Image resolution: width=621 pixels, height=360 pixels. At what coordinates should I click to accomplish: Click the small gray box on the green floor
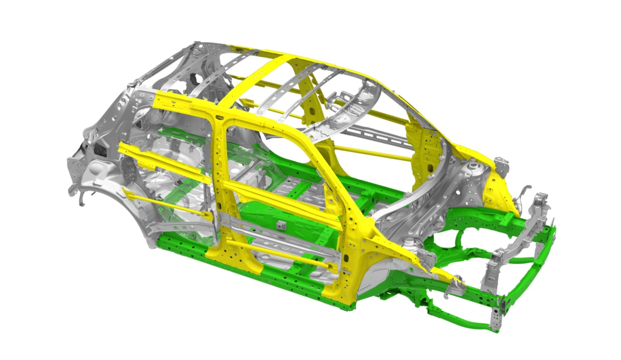point(281,225)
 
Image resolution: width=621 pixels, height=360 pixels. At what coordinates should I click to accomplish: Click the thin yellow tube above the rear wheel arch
point(166,203)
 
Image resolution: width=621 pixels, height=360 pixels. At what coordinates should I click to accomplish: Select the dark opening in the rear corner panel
point(101,150)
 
